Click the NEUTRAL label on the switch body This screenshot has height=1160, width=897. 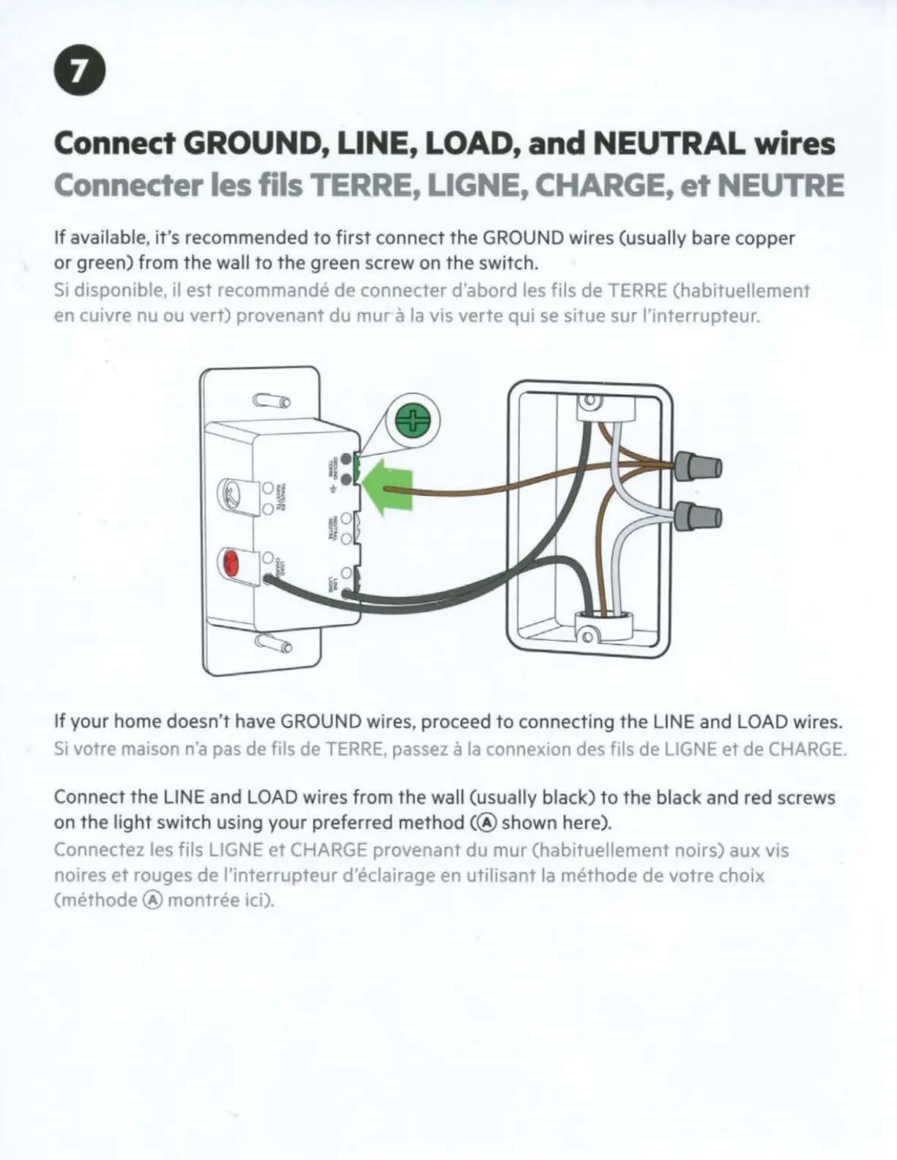[x=330, y=527]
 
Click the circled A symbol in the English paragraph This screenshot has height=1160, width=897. [x=490, y=823]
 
